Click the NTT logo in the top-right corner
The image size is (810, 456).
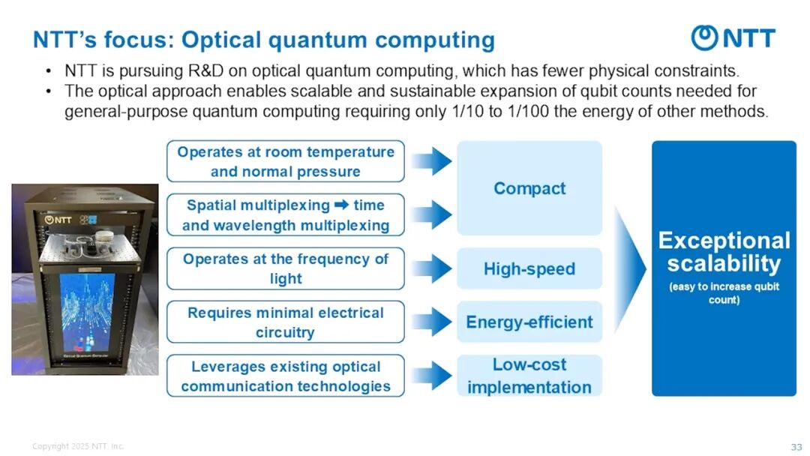733,37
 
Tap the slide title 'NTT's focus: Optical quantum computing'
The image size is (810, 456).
263,40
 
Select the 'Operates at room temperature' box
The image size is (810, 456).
285,161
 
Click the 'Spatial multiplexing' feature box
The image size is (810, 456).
285,215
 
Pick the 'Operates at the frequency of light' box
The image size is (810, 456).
285,268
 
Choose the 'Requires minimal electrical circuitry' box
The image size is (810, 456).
285,322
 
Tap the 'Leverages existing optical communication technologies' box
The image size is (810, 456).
285,376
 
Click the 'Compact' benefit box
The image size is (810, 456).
529,188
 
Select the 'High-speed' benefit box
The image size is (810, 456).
529,268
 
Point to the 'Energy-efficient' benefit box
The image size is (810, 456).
529,322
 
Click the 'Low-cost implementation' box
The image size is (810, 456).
529,376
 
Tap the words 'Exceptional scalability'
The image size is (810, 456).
724,252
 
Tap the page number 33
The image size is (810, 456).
796,447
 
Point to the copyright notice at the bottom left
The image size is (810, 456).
78,447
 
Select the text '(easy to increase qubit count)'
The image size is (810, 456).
724,293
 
